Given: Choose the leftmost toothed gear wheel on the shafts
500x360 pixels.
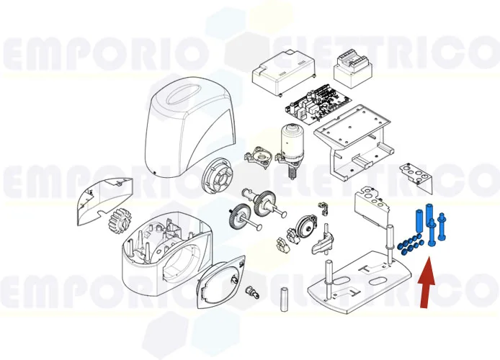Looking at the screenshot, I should click(x=237, y=215).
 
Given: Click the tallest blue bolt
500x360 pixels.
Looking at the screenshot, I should click(x=430, y=223).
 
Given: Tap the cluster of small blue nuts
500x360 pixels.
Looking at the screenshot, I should click(x=409, y=244).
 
